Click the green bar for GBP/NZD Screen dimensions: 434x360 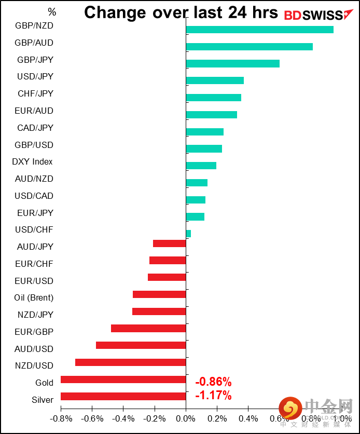tap(259, 30)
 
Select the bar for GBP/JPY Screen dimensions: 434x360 tap(232, 64)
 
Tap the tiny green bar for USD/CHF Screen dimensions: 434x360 tap(188, 234)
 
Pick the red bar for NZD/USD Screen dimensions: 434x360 tap(130, 362)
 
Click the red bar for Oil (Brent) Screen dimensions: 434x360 tap(159, 294)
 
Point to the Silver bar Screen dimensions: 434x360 tap(123, 397)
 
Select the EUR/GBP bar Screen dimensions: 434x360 tap(148, 329)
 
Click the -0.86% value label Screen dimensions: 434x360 tap(213, 383)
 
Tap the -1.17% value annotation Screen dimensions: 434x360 tap(213, 396)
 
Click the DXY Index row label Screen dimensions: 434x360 tap(32, 162)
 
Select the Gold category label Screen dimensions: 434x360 tap(44, 383)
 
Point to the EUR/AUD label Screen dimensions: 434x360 tap(34, 111)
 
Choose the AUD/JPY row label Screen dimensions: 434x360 tap(35, 247)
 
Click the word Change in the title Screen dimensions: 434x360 tap(117, 12)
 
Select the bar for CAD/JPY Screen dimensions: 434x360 tap(204, 132)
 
